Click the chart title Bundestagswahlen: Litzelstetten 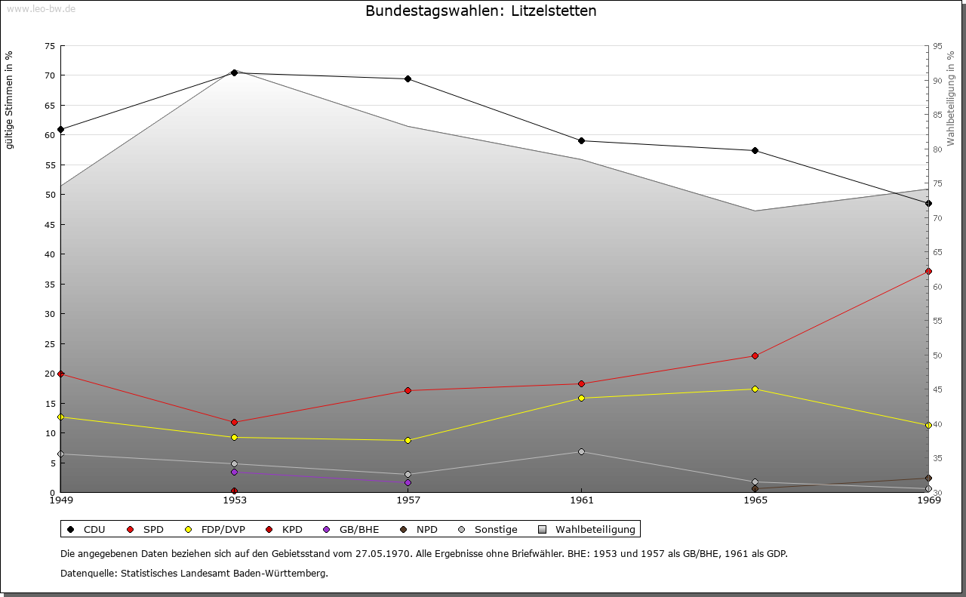click(481, 11)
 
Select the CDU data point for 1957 click(408, 78)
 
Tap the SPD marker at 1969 click(928, 271)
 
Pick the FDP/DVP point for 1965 click(755, 389)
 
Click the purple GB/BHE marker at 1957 click(408, 482)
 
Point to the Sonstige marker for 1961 click(581, 451)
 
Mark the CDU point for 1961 click(581, 140)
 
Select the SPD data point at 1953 click(234, 422)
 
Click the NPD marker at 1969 click(928, 478)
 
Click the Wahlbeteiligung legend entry click(589, 529)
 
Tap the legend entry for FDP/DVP click(216, 529)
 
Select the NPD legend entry click(420, 529)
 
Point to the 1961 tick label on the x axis click(581, 500)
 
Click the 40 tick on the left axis click(49, 254)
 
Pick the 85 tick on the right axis click(937, 115)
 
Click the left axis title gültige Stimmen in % click(10, 100)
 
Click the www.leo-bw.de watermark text click(41, 8)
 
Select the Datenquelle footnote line click(194, 573)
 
